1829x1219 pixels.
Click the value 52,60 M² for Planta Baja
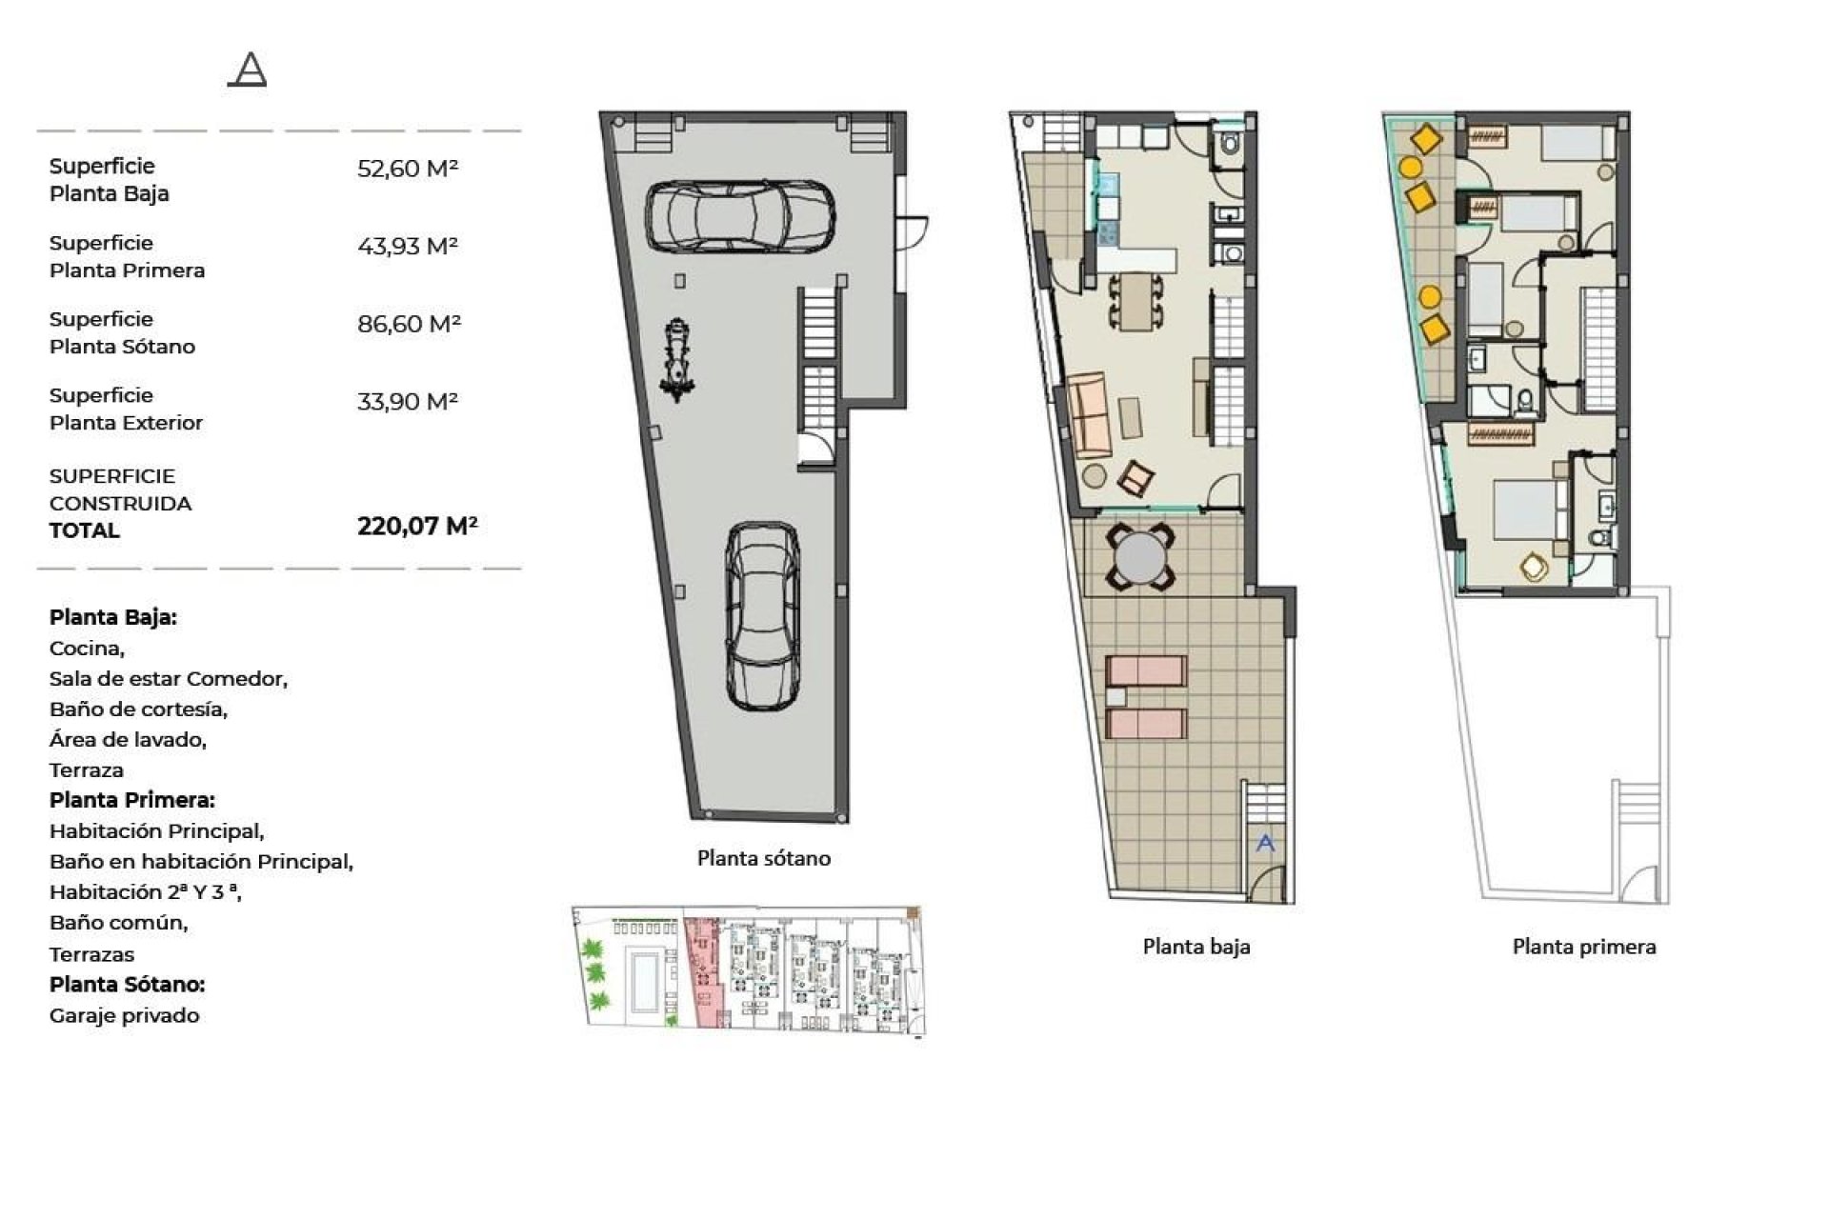[408, 169]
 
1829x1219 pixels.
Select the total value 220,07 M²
[417, 526]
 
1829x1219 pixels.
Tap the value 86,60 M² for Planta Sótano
[409, 324]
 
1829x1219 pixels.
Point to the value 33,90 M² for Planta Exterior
[408, 402]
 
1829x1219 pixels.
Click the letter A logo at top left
[248, 70]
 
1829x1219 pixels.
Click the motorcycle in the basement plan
[677, 360]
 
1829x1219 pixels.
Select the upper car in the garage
[740, 217]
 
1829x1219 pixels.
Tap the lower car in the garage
[762, 615]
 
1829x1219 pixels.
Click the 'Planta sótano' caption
[764, 858]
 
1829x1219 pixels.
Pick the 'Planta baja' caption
[1196, 947]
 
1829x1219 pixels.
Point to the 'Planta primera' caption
[1584, 947]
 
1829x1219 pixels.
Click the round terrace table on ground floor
[1140, 558]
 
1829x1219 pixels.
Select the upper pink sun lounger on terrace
[1146, 670]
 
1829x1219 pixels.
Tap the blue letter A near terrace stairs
[1265, 843]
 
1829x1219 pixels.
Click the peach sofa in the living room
[1090, 415]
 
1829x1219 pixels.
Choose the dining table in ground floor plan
[1136, 301]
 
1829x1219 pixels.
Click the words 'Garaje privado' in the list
[125, 1015]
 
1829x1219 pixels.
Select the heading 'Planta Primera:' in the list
[132, 800]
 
